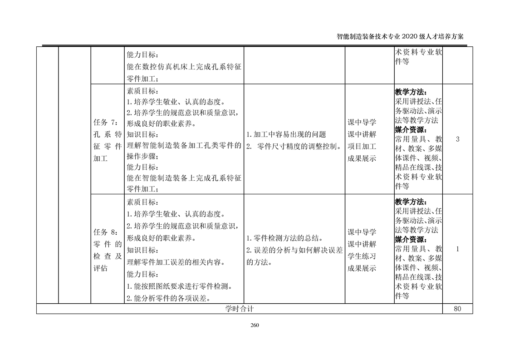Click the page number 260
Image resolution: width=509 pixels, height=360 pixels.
254,325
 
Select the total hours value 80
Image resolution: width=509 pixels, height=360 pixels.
457,309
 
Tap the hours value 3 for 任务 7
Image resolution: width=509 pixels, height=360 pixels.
457,139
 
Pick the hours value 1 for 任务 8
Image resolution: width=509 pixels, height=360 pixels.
457,249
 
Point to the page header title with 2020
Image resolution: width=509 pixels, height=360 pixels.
401,37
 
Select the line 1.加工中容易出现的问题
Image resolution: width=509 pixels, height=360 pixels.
286,134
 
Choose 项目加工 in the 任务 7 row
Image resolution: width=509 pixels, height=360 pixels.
362,146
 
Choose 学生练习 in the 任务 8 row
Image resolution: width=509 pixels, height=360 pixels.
362,256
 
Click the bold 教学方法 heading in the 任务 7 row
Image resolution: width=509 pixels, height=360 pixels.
411,92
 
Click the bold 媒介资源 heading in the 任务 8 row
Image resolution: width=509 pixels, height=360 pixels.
411,239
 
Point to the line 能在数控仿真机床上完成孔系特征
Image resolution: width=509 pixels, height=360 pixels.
184,67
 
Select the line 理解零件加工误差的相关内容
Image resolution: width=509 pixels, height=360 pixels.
176,262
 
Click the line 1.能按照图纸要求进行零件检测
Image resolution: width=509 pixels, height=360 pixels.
180,286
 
